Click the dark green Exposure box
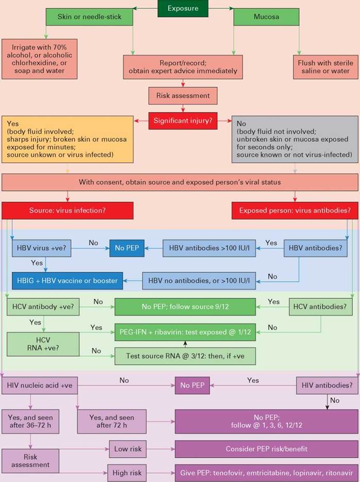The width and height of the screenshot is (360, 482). [x=183, y=8]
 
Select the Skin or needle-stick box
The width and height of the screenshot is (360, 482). [x=89, y=17]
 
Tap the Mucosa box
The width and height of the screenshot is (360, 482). [x=266, y=17]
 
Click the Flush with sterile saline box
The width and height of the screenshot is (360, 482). [x=325, y=67]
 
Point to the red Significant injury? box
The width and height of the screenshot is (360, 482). [x=183, y=121]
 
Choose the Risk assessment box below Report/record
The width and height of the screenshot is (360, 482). [x=183, y=95]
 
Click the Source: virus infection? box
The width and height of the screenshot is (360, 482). [x=68, y=211]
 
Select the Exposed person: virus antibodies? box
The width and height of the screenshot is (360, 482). [x=295, y=211]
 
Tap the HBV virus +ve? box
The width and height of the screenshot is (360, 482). [x=41, y=248]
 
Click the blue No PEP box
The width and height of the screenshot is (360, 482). [x=127, y=248]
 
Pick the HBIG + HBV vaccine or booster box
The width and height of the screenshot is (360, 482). [x=67, y=281]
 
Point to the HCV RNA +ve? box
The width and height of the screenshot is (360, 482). [x=43, y=344]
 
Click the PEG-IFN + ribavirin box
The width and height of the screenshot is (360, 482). [x=185, y=332]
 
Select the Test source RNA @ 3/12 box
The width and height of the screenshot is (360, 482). [x=185, y=356]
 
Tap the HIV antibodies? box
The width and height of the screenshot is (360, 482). [x=327, y=385]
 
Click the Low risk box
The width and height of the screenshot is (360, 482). [x=128, y=449]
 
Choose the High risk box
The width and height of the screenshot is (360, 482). [x=127, y=473]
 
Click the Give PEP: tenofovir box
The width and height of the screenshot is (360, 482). [x=267, y=473]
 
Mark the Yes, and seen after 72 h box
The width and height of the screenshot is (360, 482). [x=112, y=422]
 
